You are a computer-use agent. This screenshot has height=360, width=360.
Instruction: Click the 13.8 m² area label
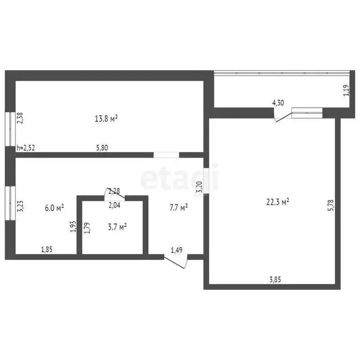pos(106,119)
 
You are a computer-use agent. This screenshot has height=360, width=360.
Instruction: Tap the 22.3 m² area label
pos(277,202)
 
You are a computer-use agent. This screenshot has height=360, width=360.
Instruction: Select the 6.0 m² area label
pos(54,208)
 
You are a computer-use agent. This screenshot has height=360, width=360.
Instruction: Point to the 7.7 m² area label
pos(179,208)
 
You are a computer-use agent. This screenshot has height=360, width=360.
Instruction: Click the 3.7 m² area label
pos(117,227)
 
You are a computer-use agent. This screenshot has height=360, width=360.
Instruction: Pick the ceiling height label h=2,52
pos(26,148)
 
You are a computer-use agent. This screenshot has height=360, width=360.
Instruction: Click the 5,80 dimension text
pos(102,148)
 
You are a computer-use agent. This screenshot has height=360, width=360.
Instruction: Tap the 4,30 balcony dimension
pos(278,103)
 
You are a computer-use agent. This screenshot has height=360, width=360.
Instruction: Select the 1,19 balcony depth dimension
pos(346,90)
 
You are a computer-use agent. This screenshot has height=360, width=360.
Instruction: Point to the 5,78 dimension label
pos(331,205)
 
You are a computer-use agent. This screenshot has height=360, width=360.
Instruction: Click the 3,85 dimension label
pos(275,280)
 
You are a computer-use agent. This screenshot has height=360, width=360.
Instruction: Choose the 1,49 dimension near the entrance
pos(177,250)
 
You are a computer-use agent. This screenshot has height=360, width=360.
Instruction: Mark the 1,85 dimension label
pos(46,249)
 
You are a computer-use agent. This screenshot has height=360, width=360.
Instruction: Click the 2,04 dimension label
pos(114,205)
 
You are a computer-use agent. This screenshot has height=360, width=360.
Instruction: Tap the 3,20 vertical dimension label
pos(199,187)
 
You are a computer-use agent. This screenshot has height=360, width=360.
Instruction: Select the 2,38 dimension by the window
pos(20,118)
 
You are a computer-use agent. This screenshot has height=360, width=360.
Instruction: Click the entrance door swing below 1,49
pos(176,262)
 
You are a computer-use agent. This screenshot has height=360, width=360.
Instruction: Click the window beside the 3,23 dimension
pos(10,203)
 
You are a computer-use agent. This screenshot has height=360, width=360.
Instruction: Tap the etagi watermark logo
pos(180,177)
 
